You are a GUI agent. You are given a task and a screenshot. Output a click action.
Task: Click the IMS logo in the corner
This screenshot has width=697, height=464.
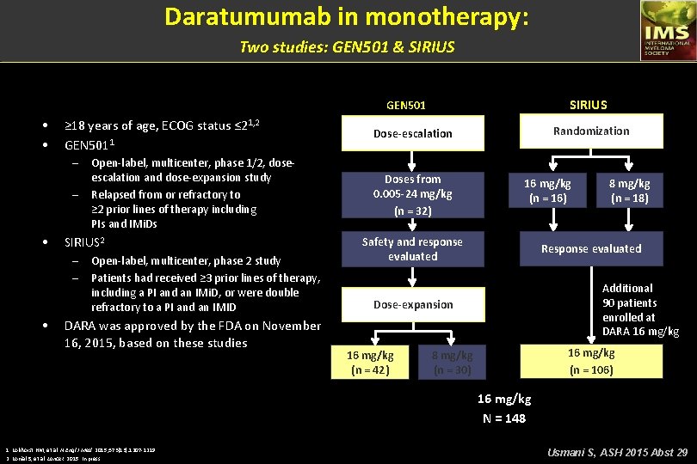pyautogui.click(x=667, y=31)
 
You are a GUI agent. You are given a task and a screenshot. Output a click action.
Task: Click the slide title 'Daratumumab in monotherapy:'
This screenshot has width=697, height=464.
pyautogui.click(x=347, y=16)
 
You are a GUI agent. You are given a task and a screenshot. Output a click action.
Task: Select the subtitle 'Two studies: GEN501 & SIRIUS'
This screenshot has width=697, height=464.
pyautogui.click(x=347, y=46)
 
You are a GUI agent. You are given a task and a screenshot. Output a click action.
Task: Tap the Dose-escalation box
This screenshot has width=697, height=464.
pyautogui.click(x=412, y=133)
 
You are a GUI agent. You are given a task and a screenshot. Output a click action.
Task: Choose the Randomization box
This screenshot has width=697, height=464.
pyautogui.click(x=591, y=131)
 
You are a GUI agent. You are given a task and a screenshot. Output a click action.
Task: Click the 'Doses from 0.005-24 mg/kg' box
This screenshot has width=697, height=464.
pyautogui.click(x=412, y=194)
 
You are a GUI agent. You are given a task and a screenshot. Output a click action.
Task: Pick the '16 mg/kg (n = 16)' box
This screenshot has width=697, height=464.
pyautogui.click(x=547, y=191)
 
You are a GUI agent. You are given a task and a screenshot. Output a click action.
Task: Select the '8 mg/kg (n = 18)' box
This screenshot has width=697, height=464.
pyautogui.click(x=629, y=191)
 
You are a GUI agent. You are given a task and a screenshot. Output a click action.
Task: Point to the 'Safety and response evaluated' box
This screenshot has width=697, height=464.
pyautogui.click(x=412, y=249)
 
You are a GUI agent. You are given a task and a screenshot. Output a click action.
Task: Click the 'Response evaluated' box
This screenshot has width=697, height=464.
pyautogui.click(x=591, y=248)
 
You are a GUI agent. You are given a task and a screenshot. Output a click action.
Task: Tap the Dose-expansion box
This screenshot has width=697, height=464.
pyautogui.click(x=412, y=304)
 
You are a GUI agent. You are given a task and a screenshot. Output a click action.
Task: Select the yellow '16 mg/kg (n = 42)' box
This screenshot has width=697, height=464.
pyautogui.click(x=370, y=363)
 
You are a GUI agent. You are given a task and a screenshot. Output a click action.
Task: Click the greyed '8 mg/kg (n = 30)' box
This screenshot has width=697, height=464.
pyautogui.click(x=453, y=363)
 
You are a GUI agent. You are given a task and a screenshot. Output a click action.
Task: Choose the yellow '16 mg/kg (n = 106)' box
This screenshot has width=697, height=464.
pyautogui.click(x=591, y=361)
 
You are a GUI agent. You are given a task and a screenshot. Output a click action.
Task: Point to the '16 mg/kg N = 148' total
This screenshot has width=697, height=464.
pyautogui.click(x=504, y=408)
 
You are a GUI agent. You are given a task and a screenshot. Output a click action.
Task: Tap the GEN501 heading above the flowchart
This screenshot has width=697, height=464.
pyautogui.click(x=406, y=106)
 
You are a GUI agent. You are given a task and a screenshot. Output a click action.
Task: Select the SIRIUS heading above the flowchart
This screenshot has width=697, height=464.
pyautogui.click(x=588, y=105)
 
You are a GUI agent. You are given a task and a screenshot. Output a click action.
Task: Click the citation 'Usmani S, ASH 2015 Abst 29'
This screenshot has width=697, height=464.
pyautogui.click(x=617, y=451)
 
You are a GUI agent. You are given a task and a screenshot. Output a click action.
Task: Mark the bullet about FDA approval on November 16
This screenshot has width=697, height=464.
pyautogui.click(x=193, y=334)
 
